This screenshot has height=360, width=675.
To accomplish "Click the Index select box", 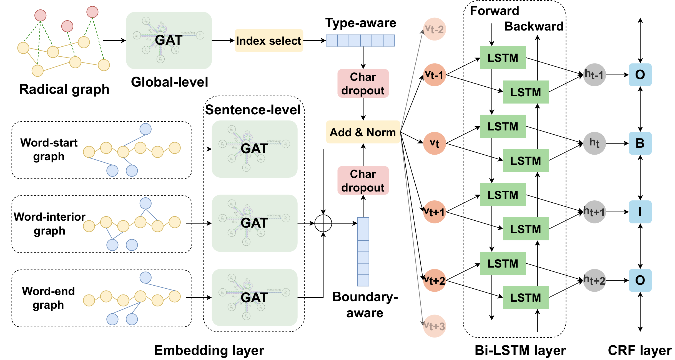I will click(x=269, y=41).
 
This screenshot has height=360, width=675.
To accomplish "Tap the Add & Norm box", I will click(x=363, y=132).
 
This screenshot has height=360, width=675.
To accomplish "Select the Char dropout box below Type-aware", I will click(x=363, y=84).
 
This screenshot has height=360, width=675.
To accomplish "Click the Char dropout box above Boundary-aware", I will click(x=363, y=180).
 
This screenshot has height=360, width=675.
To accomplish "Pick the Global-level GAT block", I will click(x=169, y=41).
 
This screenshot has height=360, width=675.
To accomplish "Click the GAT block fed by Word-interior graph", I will click(x=254, y=223).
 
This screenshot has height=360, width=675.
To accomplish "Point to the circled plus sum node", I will click(x=323, y=223).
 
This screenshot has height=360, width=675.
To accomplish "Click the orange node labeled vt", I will click(x=434, y=144).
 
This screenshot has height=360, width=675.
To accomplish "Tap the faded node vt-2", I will click(x=434, y=29).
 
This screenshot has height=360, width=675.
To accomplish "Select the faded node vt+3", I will click(x=434, y=326).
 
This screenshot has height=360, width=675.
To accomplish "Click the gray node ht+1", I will click(x=594, y=212).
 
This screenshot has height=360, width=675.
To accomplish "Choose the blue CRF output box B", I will click(x=640, y=143).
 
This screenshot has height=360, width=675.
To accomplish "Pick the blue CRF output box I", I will click(x=640, y=212).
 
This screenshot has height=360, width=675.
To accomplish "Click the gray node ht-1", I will click(x=594, y=75).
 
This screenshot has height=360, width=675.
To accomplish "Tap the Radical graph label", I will click(x=64, y=89).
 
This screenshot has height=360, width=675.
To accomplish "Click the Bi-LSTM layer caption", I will click(x=520, y=350).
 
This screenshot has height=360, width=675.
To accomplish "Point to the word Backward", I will click(x=534, y=26).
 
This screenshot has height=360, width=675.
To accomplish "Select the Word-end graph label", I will click(x=49, y=298).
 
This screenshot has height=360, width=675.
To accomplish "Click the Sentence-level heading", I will click(x=253, y=110).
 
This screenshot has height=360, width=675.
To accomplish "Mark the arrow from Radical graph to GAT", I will click(x=114, y=41).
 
